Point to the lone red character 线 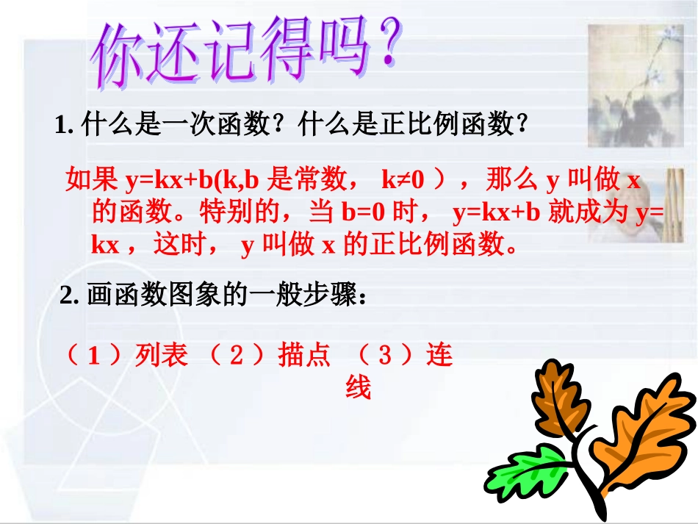359,387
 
